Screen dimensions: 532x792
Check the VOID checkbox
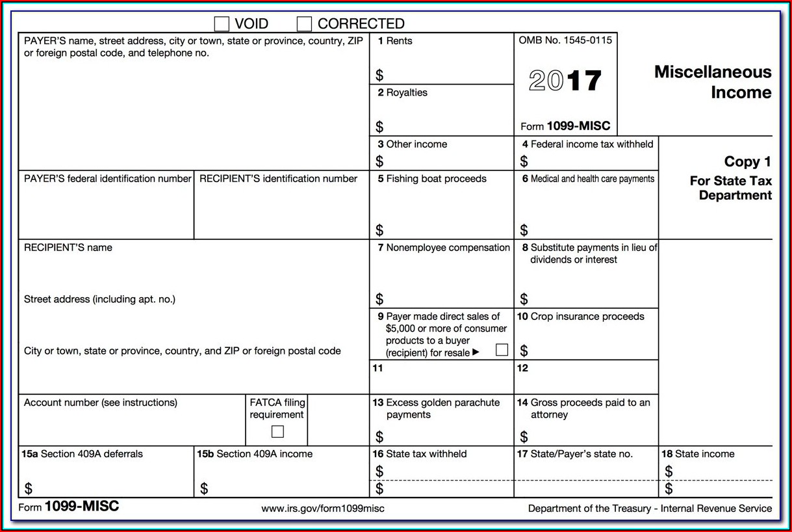pyautogui.click(x=222, y=24)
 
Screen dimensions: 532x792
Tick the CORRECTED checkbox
pyautogui.click(x=304, y=24)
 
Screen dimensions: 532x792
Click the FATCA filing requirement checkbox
pyautogui.click(x=277, y=431)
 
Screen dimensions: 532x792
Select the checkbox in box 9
pyautogui.click(x=502, y=350)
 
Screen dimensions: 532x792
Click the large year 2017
pyautogui.click(x=565, y=81)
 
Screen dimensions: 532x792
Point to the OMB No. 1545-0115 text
pyautogui.click(x=565, y=40)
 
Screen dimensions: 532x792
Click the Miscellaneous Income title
pyautogui.click(x=713, y=82)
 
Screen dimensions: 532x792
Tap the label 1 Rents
pyautogui.click(x=395, y=41)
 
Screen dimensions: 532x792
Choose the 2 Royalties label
pyautogui.click(x=403, y=92)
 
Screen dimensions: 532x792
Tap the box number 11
pyautogui.click(x=377, y=368)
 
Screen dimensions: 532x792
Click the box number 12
pyautogui.click(x=522, y=368)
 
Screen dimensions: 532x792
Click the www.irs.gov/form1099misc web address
pyautogui.click(x=323, y=509)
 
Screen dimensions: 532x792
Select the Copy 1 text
pyautogui.click(x=748, y=162)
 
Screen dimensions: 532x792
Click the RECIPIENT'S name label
pyautogui.click(x=68, y=248)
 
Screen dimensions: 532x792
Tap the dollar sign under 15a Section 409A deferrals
pyautogui.click(x=29, y=488)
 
